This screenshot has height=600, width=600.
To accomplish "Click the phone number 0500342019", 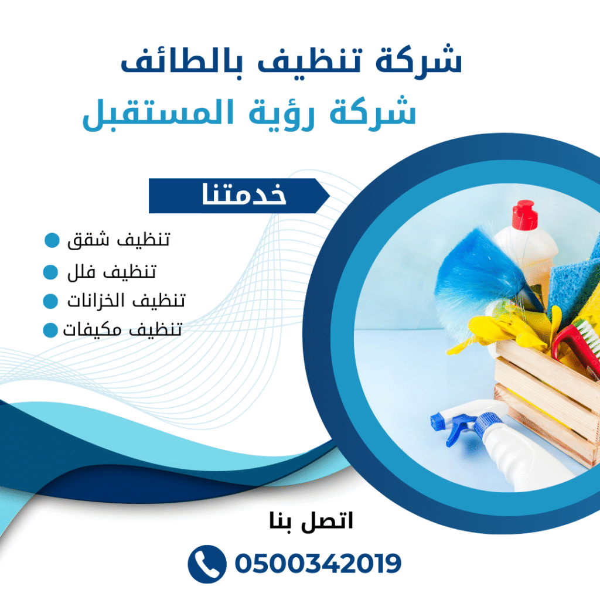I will click(318, 564).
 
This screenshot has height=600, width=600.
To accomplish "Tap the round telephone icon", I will click(206, 564).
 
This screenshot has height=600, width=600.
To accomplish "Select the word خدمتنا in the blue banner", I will click(244, 196).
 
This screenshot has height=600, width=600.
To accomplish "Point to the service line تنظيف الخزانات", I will click(125, 301).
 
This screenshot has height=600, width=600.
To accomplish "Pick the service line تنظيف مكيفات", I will click(122, 330).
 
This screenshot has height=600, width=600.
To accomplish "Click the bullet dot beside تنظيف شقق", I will click(52, 240).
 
